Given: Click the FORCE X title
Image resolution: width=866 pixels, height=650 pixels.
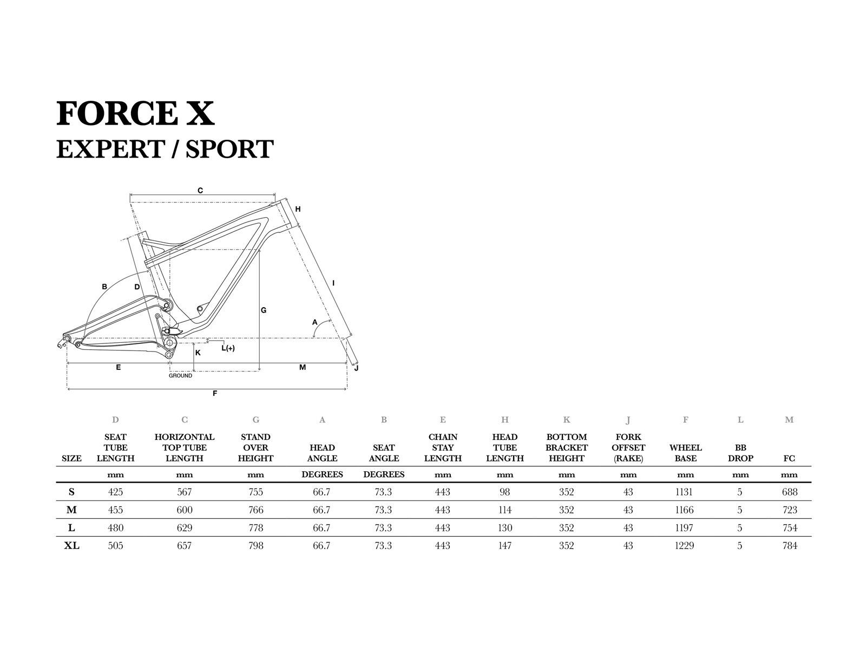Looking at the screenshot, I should tap(135, 113).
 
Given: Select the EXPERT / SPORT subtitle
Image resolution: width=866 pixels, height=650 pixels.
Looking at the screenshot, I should tap(165, 149).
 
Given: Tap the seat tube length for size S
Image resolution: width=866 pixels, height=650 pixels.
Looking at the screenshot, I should tap(115, 492).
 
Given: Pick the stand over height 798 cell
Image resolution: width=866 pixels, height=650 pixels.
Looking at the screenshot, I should tap(255, 545).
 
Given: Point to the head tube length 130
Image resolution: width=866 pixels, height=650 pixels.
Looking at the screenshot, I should tap(504, 528).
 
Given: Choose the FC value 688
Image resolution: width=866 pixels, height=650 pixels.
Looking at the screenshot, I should tap(789, 492).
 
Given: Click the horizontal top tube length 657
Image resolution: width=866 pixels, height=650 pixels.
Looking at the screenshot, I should tap(185, 545).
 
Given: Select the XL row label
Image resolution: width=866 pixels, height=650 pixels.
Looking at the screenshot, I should tap(71, 545).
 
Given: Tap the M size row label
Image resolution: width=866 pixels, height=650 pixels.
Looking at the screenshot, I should tap(71, 510).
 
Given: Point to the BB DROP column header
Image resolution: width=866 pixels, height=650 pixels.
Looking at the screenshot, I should tap(740, 453).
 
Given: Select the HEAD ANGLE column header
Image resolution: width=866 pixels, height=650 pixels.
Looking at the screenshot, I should tap(322, 453).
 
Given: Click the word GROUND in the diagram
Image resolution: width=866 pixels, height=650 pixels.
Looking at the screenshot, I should tap(180, 375).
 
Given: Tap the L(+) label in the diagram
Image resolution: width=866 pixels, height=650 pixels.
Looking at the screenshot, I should tap(228, 348).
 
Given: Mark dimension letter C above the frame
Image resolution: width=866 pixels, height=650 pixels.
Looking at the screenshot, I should tap(200, 191).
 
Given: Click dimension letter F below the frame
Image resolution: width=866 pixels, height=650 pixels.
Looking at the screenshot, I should tap(215, 394).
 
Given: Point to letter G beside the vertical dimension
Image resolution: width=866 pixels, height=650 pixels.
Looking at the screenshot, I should tap(264, 310).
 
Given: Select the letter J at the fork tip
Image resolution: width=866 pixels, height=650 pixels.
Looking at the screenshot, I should tap(356, 369).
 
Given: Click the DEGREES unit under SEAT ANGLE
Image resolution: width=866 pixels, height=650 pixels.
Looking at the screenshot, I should tap(384, 474).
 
